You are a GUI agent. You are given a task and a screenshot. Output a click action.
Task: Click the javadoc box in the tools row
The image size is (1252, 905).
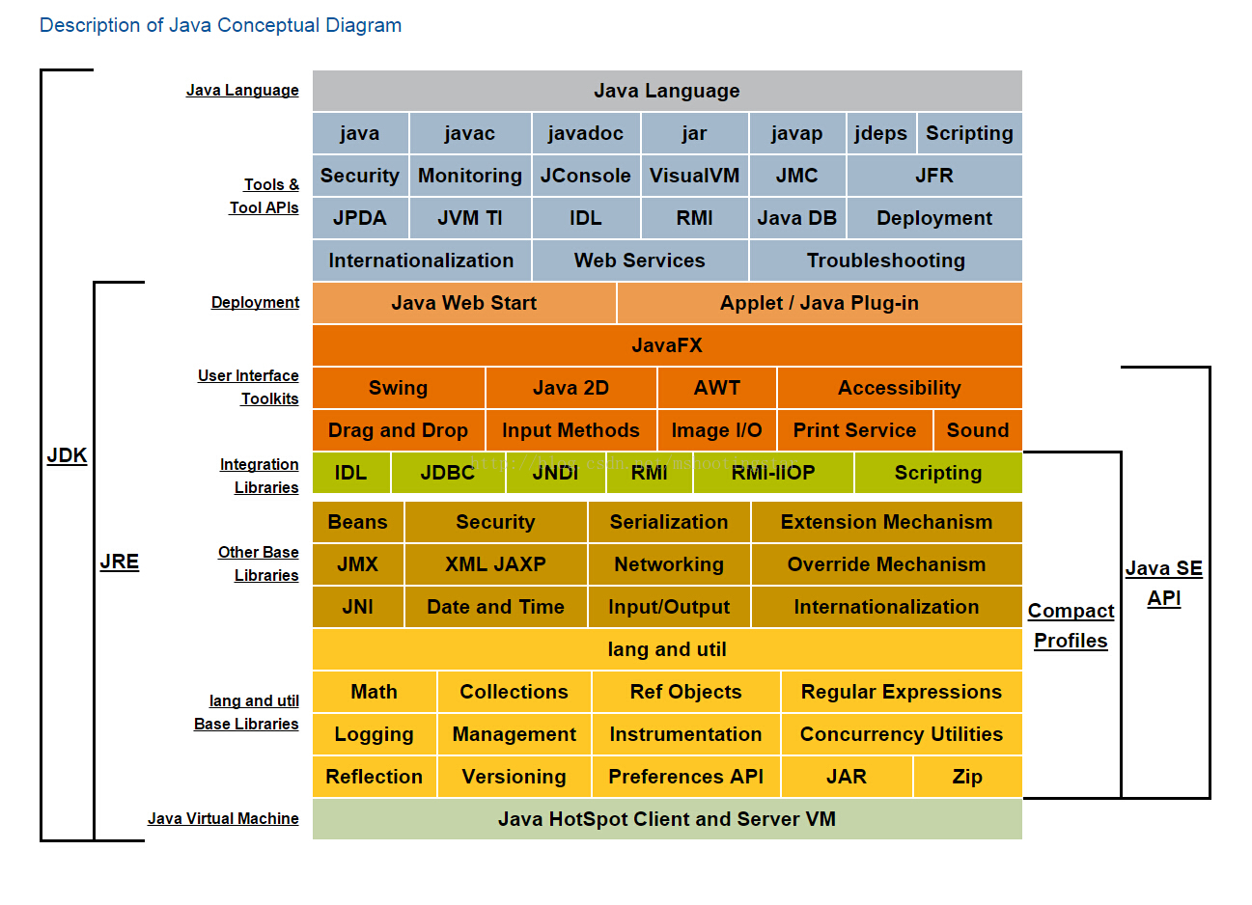click(x=585, y=133)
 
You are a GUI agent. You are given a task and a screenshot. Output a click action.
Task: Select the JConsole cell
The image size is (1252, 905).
click(x=585, y=176)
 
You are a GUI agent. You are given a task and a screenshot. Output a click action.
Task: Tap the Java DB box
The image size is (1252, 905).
click(x=796, y=218)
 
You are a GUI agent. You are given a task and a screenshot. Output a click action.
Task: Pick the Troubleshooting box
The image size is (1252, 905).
click(x=885, y=261)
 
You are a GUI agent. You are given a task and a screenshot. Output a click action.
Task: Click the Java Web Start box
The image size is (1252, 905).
click(x=463, y=303)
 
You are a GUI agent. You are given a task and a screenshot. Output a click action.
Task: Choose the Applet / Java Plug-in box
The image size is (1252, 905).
click(x=819, y=303)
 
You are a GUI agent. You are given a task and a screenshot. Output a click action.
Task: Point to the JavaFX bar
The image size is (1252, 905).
click(x=666, y=345)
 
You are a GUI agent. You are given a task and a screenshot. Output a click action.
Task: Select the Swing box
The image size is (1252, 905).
click(x=398, y=388)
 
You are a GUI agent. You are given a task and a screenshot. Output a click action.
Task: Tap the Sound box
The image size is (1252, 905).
click(x=977, y=430)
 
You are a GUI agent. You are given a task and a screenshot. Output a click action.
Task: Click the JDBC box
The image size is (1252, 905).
click(x=447, y=473)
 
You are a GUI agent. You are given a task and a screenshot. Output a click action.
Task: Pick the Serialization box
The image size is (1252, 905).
click(x=668, y=522)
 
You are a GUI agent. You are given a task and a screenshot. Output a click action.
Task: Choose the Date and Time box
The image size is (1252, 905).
click(x=495, y=607)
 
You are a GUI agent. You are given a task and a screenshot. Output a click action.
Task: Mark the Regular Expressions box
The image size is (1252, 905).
click(x=901, y=692)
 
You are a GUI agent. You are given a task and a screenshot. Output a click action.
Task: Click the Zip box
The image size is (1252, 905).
click(x=966, y=777)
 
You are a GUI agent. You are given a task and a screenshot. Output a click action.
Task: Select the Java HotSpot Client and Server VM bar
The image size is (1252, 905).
click(x=666, y=819)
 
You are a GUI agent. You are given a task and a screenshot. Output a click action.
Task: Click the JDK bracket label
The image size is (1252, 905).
click(x=67, y=455)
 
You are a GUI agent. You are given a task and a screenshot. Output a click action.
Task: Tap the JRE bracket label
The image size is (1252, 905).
click(x=119, y=562)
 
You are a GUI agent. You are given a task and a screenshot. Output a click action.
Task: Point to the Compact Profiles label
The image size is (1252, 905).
click(x=1071, y=625)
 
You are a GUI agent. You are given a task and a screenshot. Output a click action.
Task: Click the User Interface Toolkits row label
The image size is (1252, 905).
click(x=249, y=387)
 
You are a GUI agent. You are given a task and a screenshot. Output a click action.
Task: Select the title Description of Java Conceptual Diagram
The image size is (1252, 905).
click(x=220, y=25)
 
